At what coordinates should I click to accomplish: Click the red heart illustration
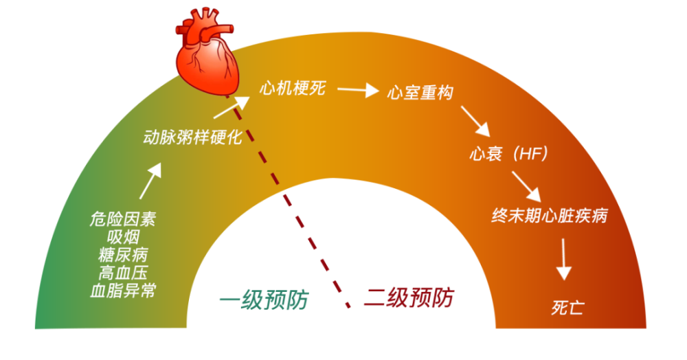206,52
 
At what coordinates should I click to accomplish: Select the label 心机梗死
293,88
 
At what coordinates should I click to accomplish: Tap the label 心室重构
420,93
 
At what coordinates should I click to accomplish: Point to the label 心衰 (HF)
508,154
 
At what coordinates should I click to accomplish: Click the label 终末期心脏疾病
550,216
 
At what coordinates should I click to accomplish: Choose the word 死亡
568,308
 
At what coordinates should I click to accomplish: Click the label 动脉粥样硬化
193,137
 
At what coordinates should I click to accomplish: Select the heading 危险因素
123,219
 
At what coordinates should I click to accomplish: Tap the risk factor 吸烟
123,237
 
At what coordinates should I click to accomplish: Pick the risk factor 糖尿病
123,255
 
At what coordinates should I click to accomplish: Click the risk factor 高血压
123,273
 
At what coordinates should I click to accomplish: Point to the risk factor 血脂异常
123,291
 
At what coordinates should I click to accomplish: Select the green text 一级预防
264,300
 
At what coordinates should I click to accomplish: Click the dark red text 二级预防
409,297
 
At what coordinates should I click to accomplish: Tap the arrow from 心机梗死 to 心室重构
358,90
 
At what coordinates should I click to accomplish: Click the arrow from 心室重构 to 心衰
475,122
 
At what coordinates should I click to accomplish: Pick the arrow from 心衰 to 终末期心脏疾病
526,187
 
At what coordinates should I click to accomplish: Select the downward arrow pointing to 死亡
563,259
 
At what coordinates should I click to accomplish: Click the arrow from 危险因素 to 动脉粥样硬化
150,181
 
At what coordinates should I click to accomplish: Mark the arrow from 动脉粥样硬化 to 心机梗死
232,107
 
